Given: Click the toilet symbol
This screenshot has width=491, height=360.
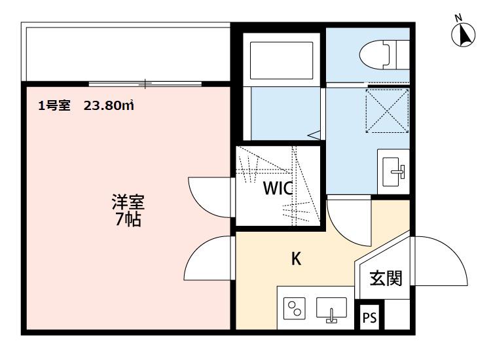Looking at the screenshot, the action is pos(384,55).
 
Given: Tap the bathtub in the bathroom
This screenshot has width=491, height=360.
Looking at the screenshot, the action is pos(282,60).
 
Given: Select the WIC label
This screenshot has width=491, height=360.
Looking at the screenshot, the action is pos(278,188).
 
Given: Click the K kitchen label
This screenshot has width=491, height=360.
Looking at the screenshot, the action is pos(296,259).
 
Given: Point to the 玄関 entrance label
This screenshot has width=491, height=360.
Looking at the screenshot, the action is pos(386,278).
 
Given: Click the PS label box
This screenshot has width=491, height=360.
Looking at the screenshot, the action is pos(369,317).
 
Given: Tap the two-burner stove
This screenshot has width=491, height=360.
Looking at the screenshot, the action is pos(295,308).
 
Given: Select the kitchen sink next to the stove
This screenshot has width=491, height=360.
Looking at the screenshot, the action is pos(332,310).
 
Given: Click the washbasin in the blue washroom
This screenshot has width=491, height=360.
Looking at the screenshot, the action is pos(393,171).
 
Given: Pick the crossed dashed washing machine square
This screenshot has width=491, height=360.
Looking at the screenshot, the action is pos(388,111).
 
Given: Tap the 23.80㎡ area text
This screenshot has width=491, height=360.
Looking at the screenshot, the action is pos(109,105).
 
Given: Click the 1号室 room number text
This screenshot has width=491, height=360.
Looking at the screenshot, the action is pos(54,105).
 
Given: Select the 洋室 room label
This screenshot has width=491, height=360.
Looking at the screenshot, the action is pos(128,202).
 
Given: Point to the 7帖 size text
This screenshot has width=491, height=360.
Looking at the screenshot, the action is pos(128,219).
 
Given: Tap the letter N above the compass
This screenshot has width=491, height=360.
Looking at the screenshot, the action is pos(459,18).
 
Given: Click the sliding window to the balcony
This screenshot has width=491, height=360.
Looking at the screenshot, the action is pos(145,84).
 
